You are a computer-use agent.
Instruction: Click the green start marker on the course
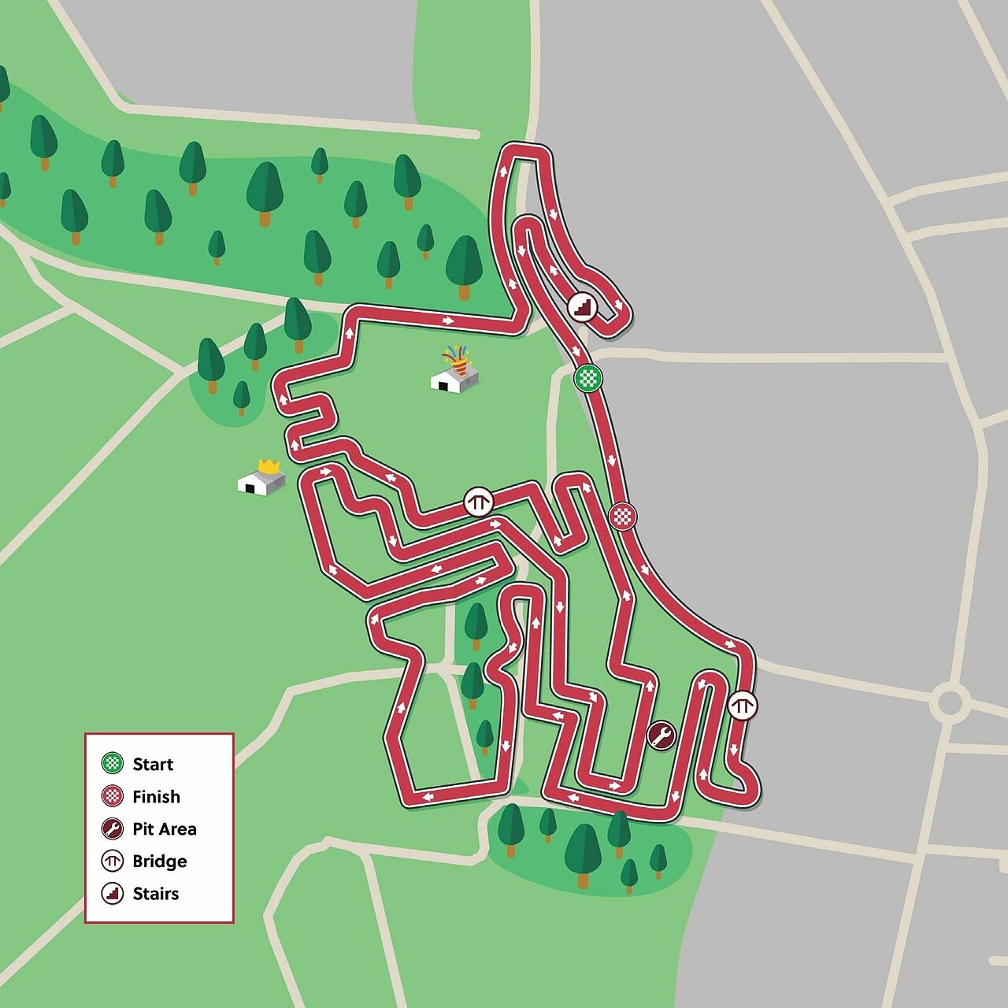[587, 378]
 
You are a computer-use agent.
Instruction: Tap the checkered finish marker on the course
[623, 517]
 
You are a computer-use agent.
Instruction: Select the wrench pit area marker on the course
[661, 736]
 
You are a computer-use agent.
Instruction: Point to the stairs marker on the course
[583, 306]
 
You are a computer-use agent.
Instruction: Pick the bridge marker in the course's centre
[478, 501]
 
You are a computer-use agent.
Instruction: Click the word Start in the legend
[153, 764]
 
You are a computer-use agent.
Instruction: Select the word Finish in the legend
[156, 796]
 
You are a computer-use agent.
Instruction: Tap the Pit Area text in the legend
[164, 828]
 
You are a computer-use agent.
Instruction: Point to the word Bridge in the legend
[159, 861]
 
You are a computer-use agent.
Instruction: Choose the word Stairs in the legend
[155, 893]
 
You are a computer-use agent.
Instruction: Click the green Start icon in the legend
[113, 763]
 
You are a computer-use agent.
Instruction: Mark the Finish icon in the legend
[113, 796]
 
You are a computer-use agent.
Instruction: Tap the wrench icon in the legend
[113, 828]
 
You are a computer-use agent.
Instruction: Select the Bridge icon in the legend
[113, 861]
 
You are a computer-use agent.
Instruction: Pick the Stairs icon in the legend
[113, 893]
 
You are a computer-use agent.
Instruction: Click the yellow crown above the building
[269, 466]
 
